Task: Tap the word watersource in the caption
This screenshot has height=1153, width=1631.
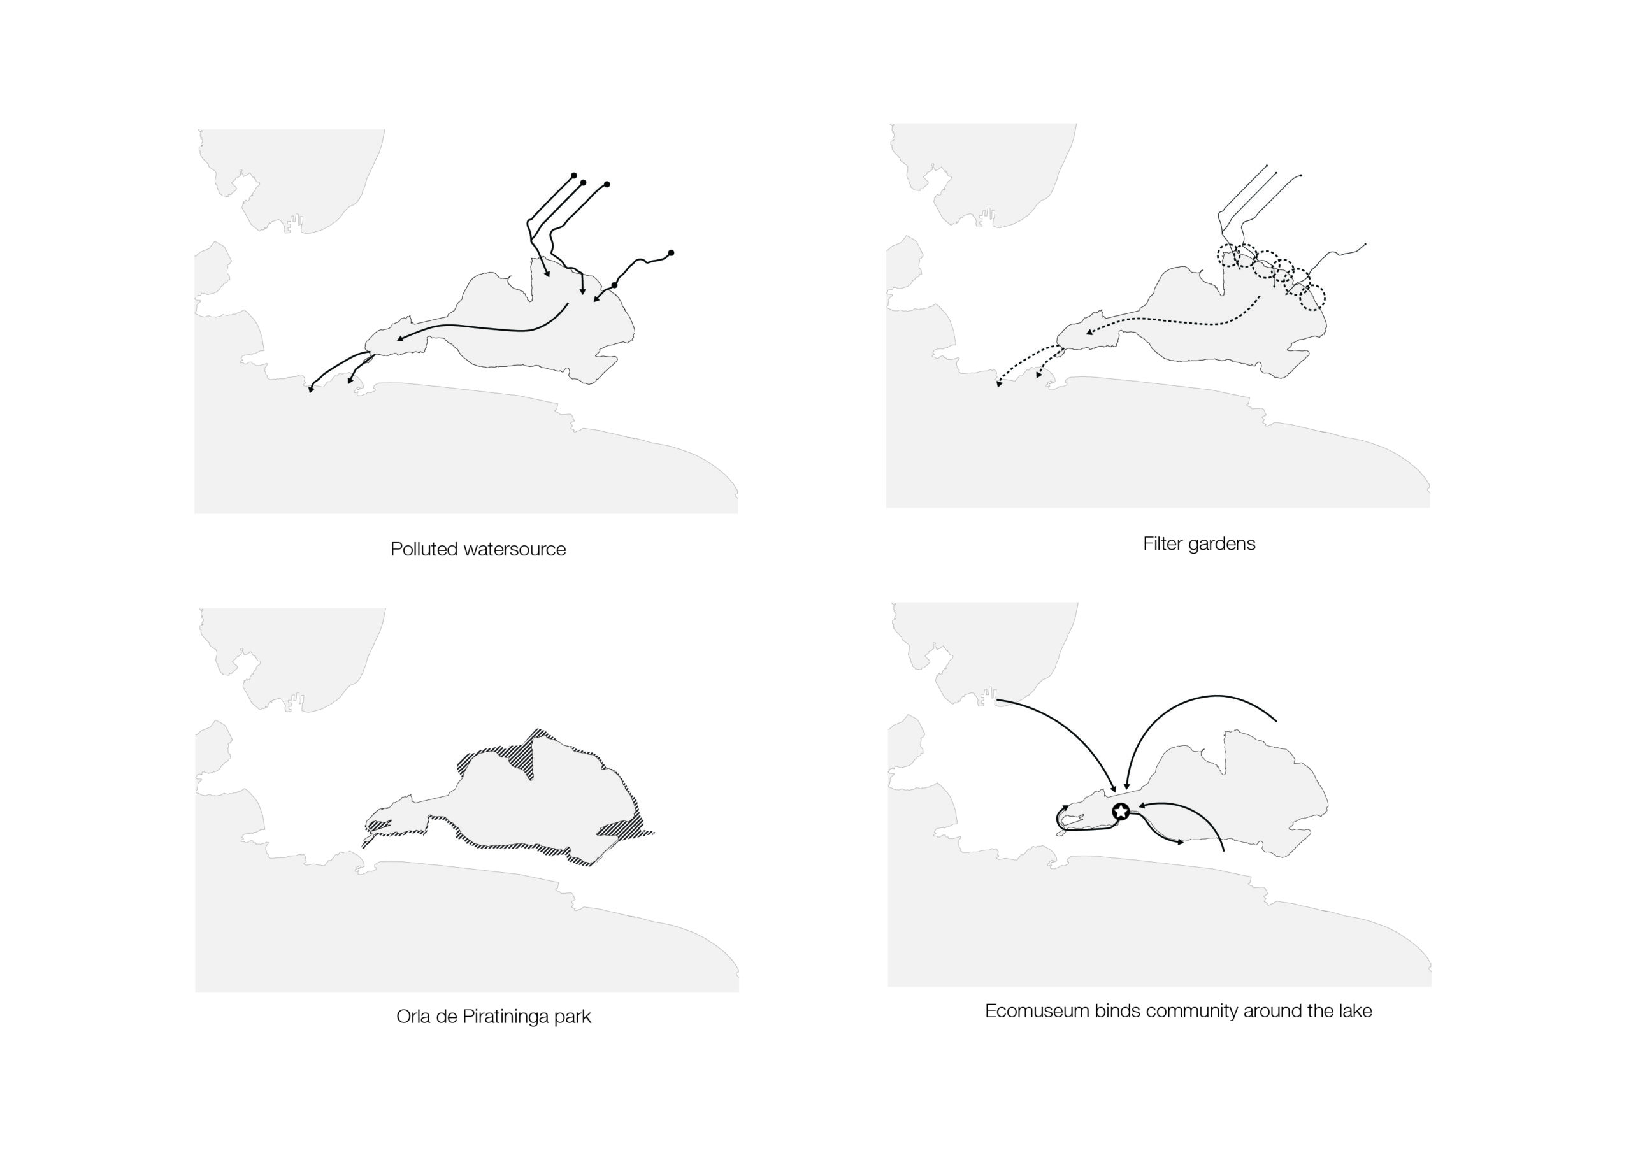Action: (x=514, y=550)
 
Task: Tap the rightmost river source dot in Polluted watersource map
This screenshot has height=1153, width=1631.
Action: (x=671, y=253)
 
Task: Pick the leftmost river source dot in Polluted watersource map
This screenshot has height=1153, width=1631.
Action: (x=574, y=175)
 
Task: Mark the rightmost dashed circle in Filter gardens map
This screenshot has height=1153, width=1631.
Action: (x=1312, y=297)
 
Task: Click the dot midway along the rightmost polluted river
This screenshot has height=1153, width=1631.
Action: (x=614, y=285)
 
